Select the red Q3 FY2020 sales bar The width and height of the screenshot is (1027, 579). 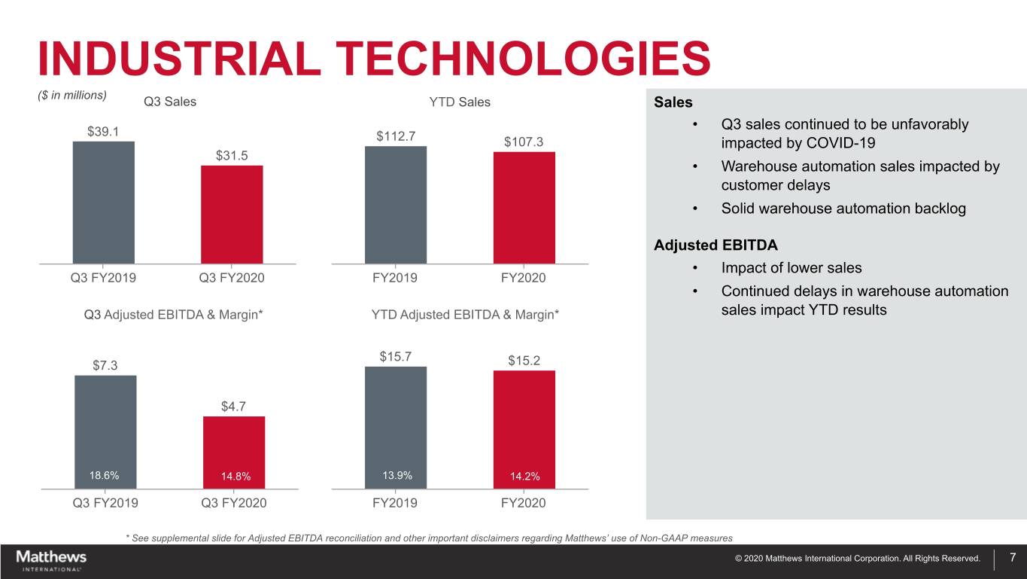(x=232, y=214)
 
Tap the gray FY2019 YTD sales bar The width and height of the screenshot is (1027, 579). (x=395, y=204)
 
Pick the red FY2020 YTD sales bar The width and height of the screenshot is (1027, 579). (x=524, y=207)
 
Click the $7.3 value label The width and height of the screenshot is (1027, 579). (x=105, y=366)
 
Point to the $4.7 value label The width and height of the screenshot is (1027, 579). (x=234, y=407)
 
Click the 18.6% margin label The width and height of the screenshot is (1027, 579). (x=103, y=475)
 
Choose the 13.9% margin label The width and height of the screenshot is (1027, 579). (x=397, y=475)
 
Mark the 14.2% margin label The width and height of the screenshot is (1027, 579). (x=524, y=476)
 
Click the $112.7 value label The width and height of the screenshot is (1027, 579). (x=396, y=136)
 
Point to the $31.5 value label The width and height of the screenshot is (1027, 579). (x=232, y=156)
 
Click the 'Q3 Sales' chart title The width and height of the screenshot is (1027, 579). (x=169, y=102)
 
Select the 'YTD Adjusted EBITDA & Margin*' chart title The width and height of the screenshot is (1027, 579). (x=465, y=314)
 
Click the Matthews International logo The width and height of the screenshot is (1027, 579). (x=51, y=560)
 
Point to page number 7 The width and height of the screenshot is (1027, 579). (x=1013, y=558)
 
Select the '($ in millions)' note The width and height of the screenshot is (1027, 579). (x=71, y=95)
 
